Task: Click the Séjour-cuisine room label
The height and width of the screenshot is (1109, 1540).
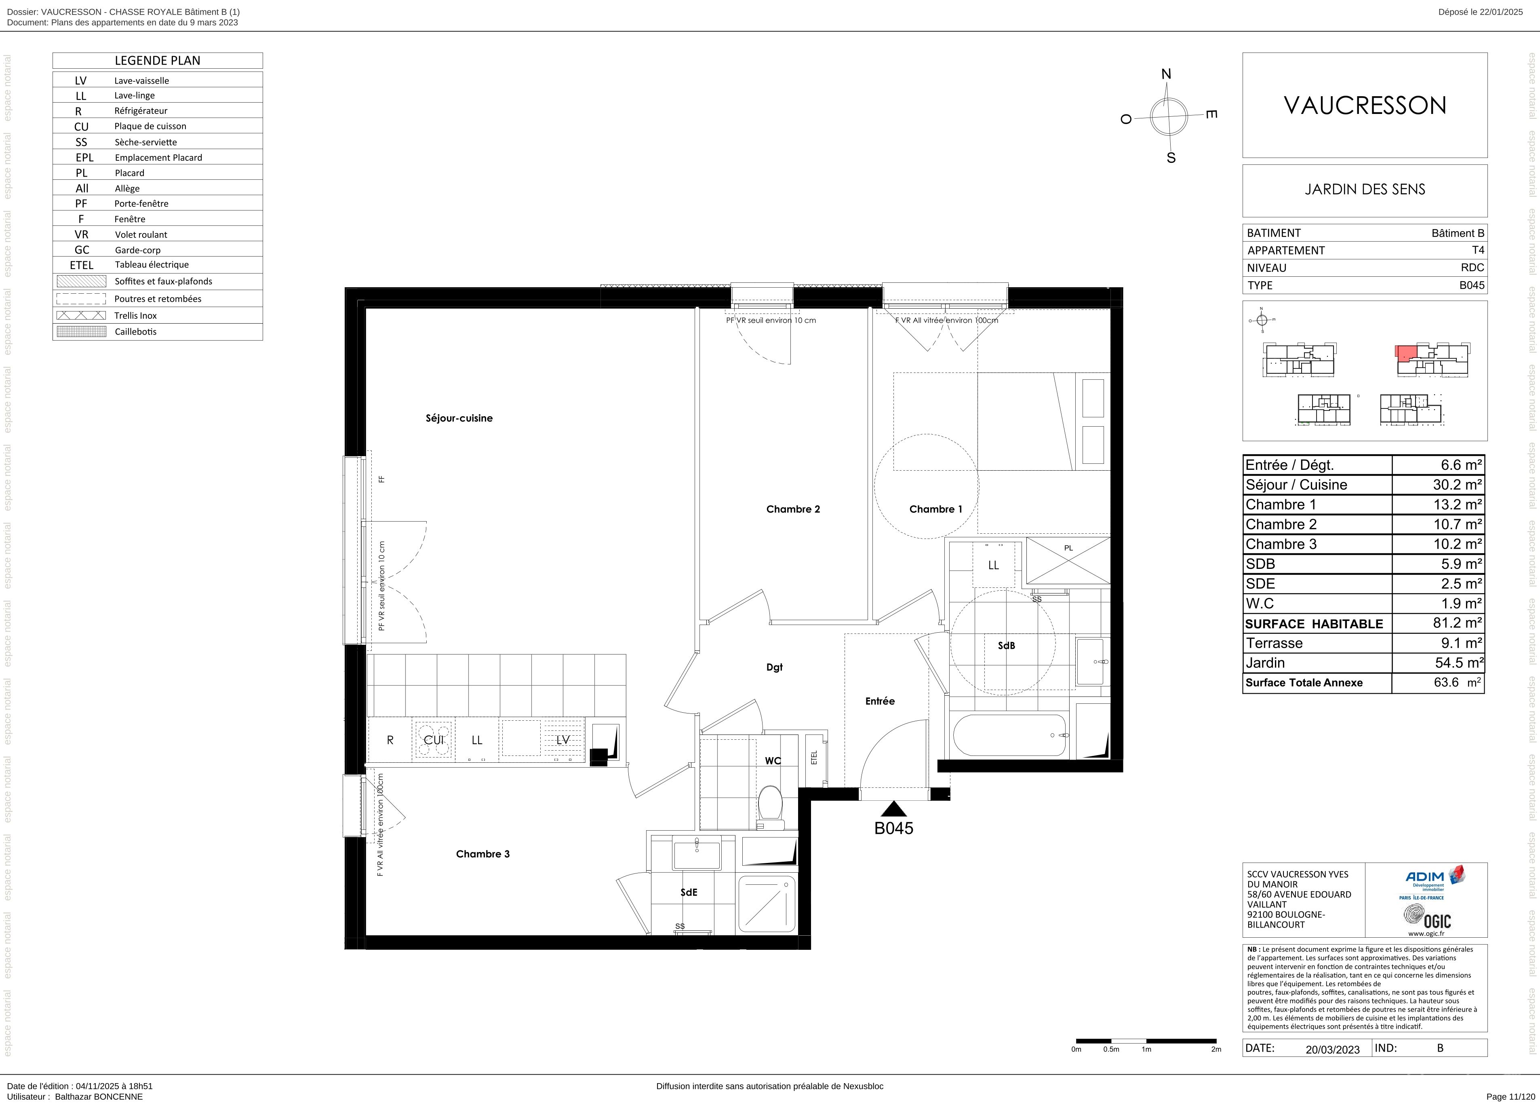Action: point(459,418)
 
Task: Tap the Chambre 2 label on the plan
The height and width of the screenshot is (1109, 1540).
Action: point(793,509)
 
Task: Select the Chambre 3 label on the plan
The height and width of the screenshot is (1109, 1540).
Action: point(502,854)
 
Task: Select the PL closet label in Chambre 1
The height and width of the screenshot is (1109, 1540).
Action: point(1068,548)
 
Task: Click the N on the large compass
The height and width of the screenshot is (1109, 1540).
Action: point(1167,74)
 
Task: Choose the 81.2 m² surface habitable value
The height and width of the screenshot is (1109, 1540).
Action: point(1458,622)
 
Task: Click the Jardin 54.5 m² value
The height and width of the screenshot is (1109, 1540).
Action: point(1458,663)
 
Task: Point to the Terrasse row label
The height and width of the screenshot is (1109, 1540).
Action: point(1274,643)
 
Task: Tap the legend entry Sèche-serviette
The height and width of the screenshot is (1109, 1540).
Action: point(145,142)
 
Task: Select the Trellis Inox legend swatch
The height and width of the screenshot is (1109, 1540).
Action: point(82,315)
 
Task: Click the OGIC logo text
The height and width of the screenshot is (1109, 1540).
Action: point(1437,921)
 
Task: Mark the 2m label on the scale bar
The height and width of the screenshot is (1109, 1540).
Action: point(1216,1049)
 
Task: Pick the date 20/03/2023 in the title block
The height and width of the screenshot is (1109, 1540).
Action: point(1332,1049)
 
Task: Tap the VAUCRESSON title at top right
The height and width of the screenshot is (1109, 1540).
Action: point(1365,105)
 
